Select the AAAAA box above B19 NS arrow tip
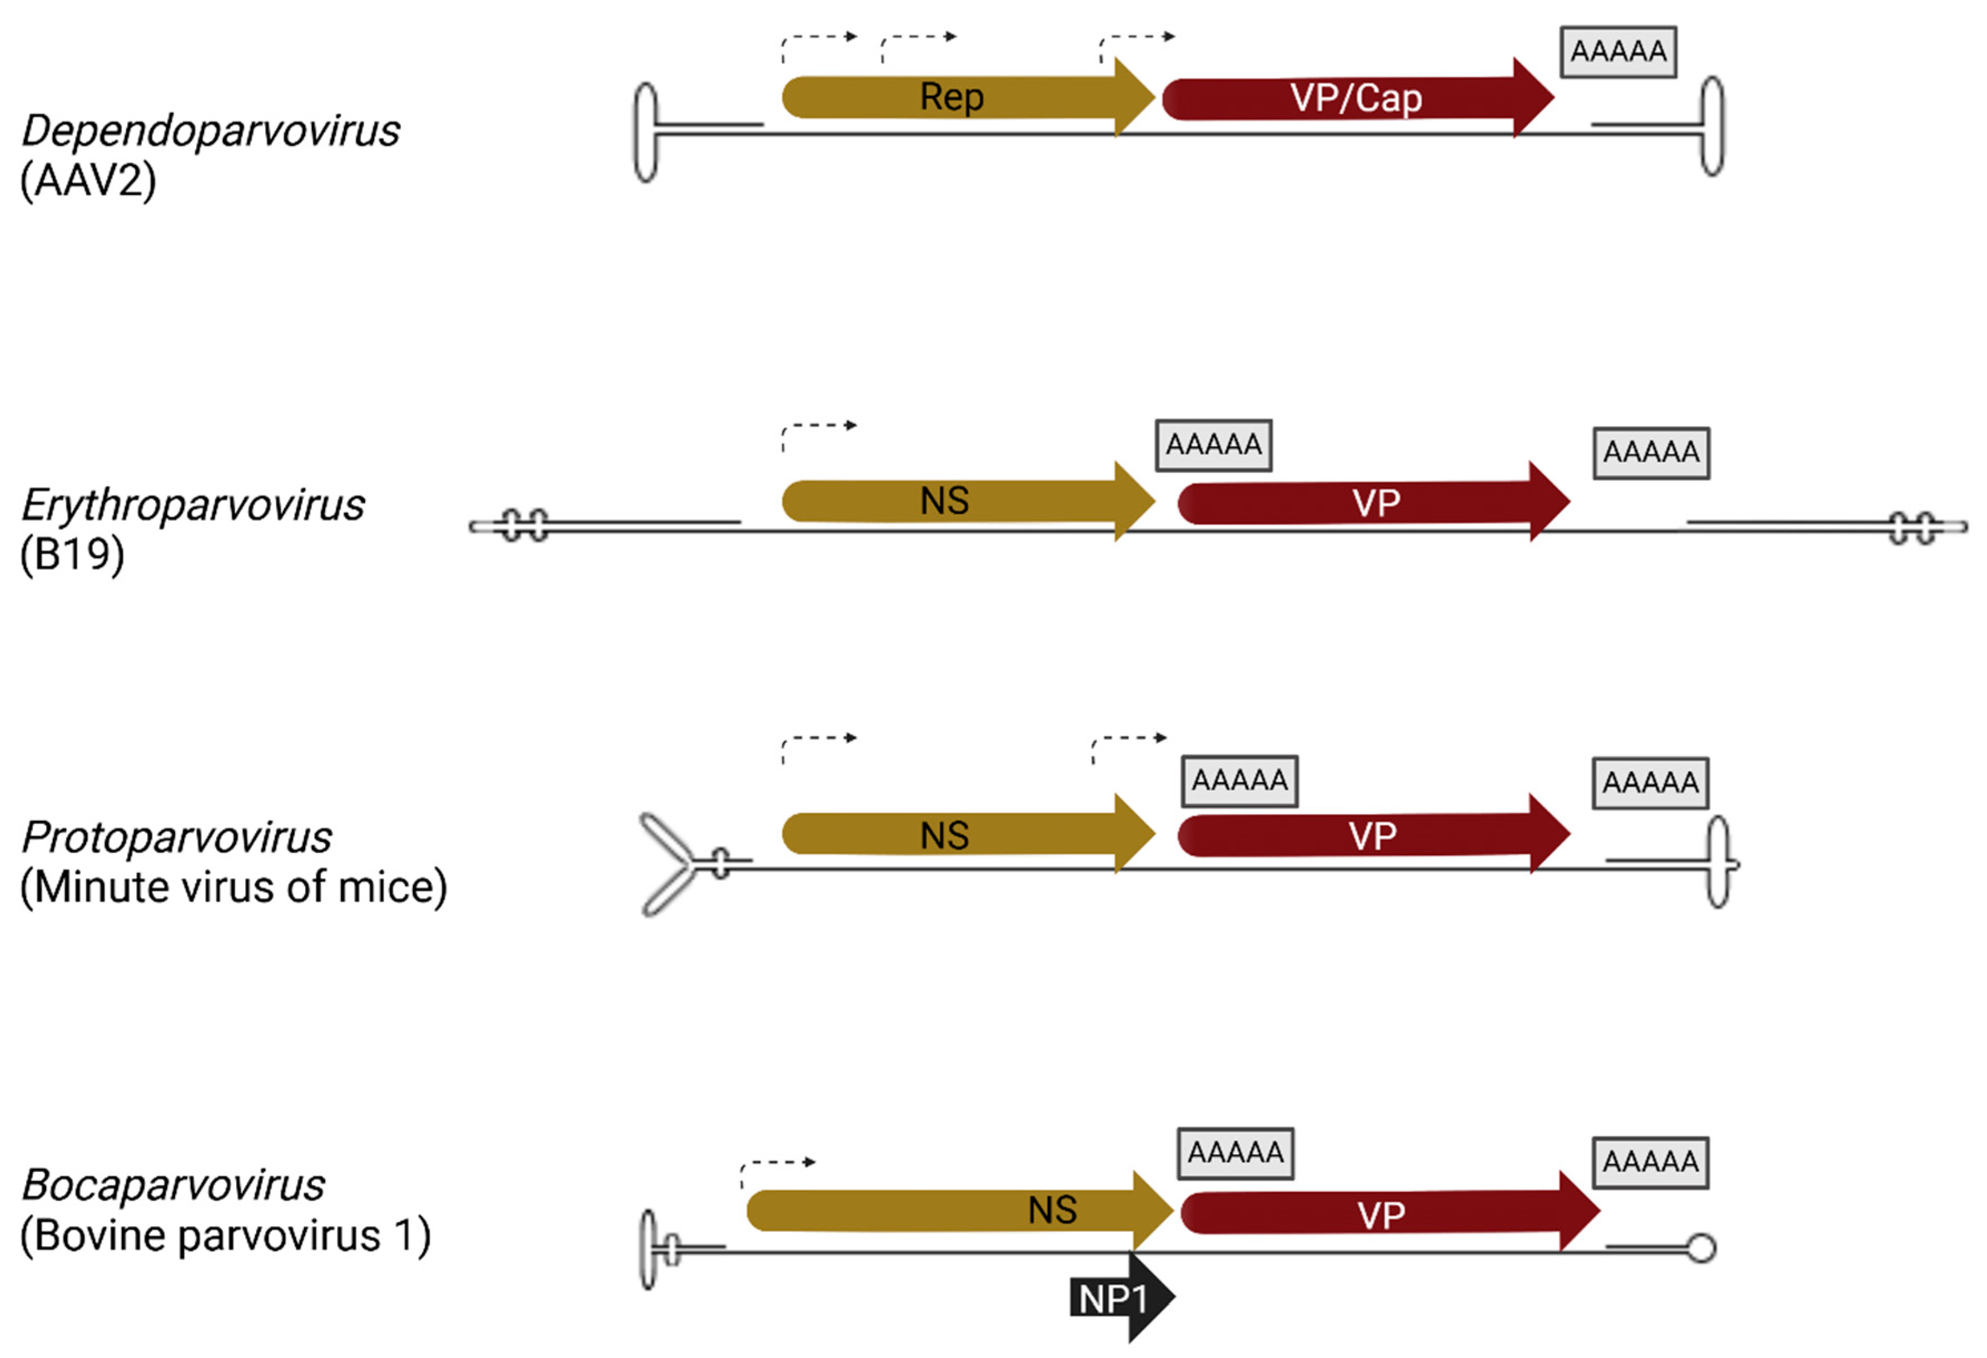click(1213, 445)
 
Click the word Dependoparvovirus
click(210, 131)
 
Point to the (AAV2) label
click(88, 181)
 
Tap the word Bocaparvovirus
click(173, 1185)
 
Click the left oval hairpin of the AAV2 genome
click(646, 132)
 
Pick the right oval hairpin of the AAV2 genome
click(1712, 127)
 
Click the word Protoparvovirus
click(176, 837)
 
